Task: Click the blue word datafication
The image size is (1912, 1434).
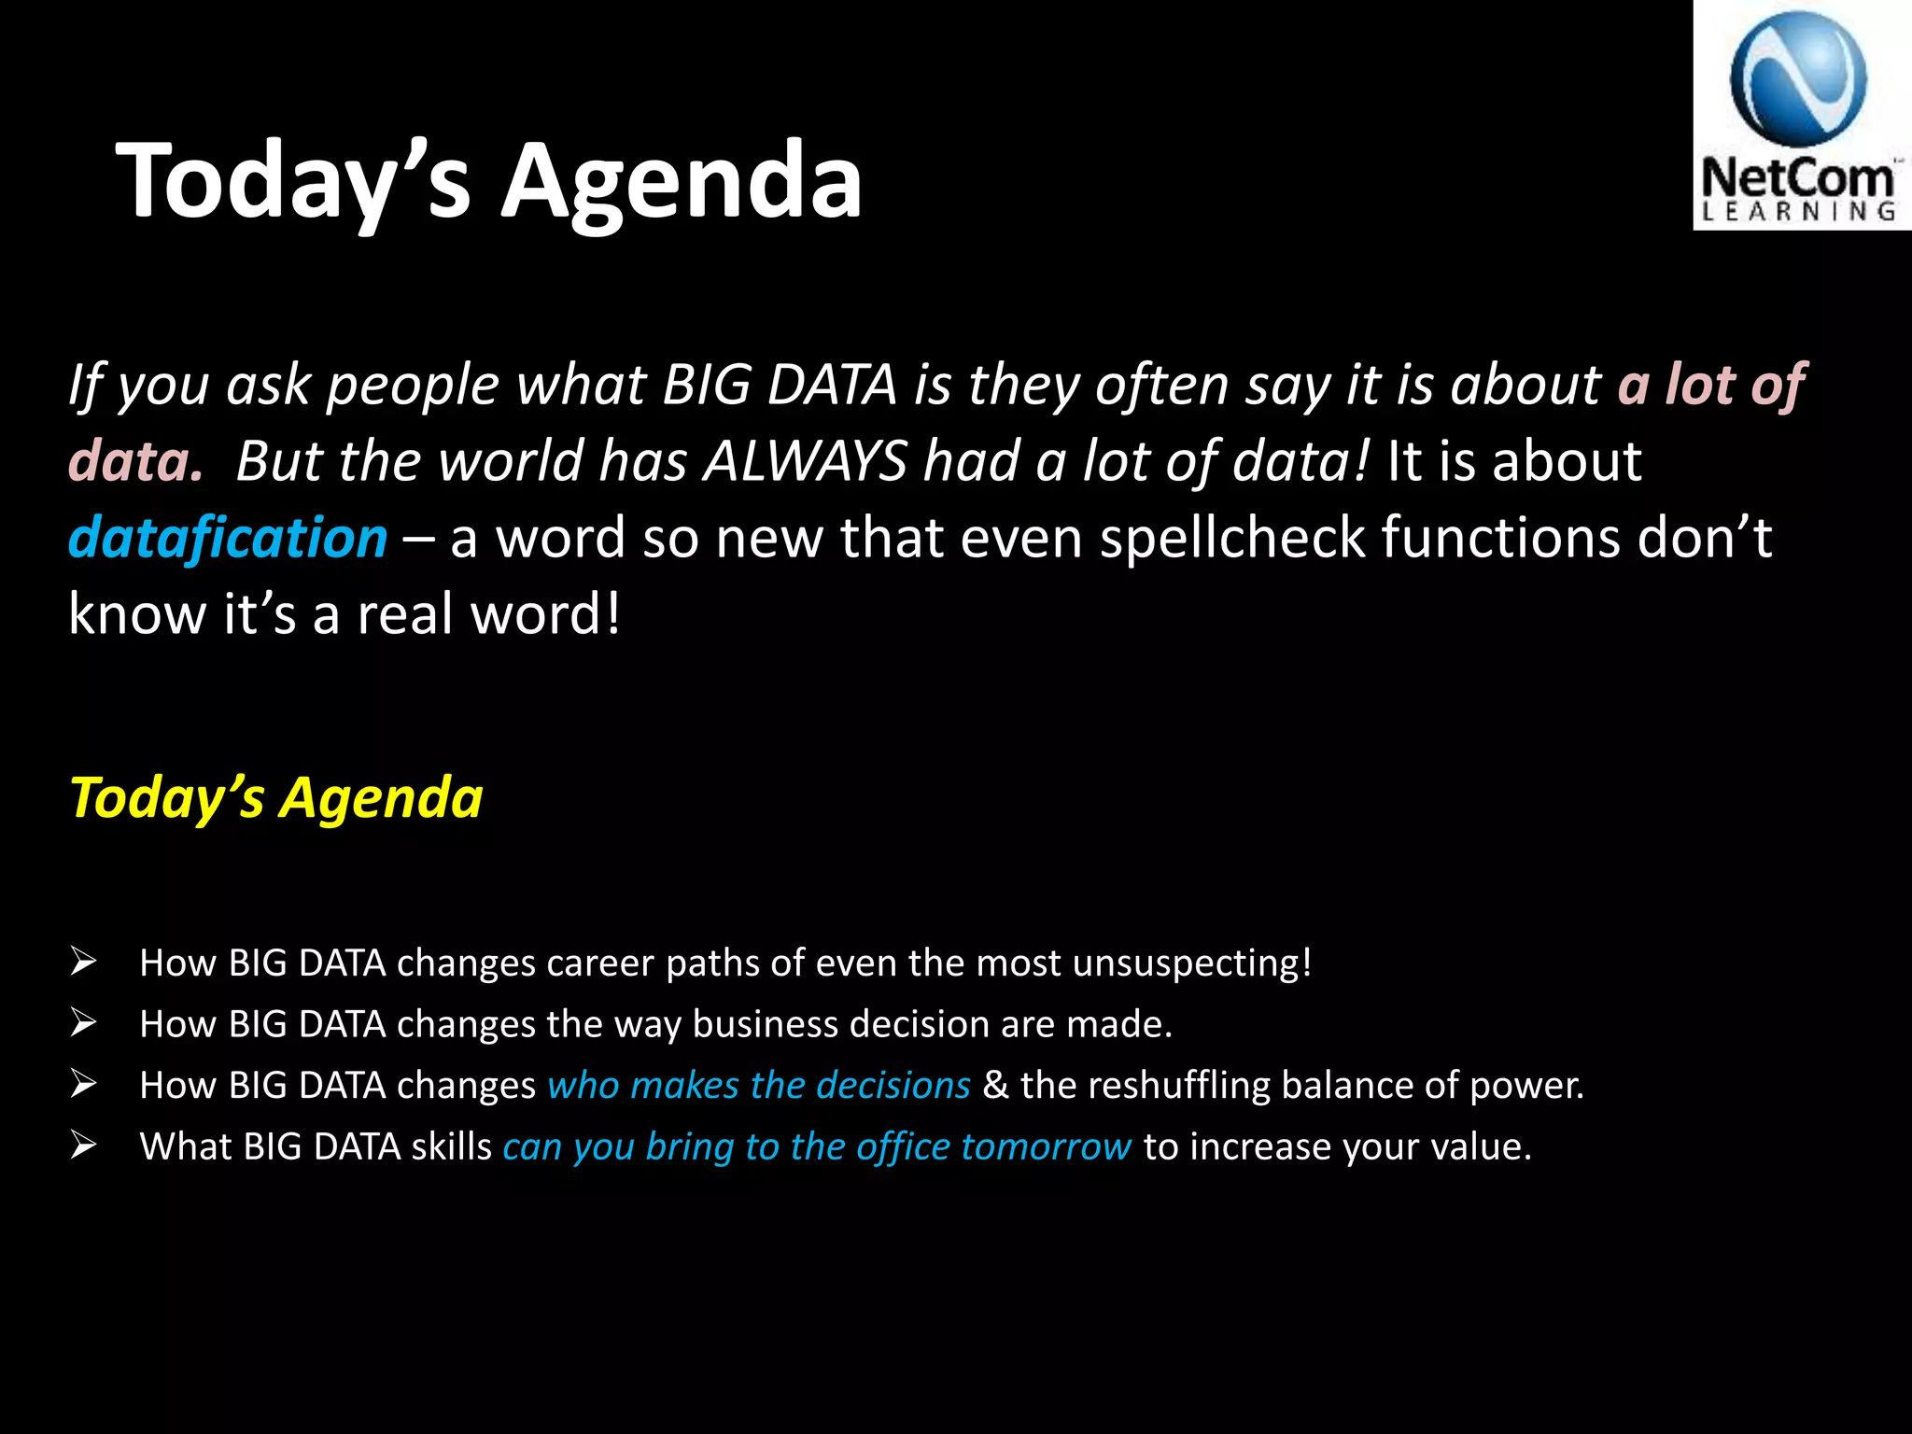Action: point(228,539)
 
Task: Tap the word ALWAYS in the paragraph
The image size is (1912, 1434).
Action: point(805,461)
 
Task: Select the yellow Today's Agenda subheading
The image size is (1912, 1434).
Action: point(276,798)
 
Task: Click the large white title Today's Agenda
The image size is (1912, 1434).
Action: point(489,179)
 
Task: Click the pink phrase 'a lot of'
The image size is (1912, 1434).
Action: point(1710,385)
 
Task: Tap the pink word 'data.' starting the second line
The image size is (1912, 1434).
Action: point(135,461)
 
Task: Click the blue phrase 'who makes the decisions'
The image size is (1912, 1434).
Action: point(758,1086)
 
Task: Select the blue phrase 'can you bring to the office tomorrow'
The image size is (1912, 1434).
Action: point(816,1146)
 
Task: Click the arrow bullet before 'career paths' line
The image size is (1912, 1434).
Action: point(83,962)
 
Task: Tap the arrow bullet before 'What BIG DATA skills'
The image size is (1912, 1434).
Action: point(83,1146)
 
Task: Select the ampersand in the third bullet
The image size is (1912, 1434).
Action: point(995,1086)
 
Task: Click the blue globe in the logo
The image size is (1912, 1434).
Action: point(1798,78)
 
